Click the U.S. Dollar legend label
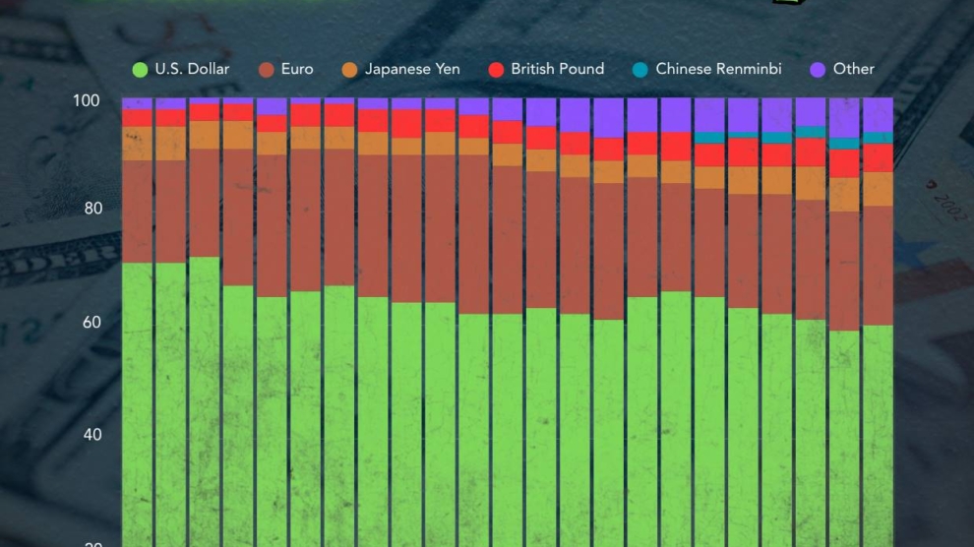pos(192,69)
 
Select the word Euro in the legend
pos(297,69)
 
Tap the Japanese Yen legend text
pos(412,69)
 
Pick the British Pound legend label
pos(558,69)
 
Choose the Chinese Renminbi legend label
pos(718,69)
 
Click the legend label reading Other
pos(853,69)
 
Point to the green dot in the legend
pos(140,69)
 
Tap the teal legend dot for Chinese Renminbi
pos(640,69)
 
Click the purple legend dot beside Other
pos(818,69)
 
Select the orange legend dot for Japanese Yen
pos(349,69)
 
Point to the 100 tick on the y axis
pos(87,100)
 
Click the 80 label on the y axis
pos(91,209)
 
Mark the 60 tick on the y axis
pos(91,322)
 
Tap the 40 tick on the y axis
pos(91,434)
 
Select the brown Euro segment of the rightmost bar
pos(878,266)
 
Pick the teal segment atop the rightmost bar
pos(878,138)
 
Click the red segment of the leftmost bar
pos(137,118)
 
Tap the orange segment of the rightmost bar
pos(878,189)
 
